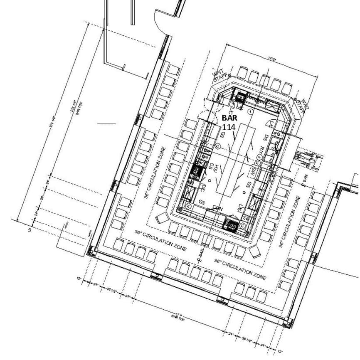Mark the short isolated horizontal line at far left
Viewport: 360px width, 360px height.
coord(106,123)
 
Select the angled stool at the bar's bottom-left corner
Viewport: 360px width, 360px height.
coord(162,219)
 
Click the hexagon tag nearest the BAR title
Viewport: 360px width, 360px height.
coord(251,112)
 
